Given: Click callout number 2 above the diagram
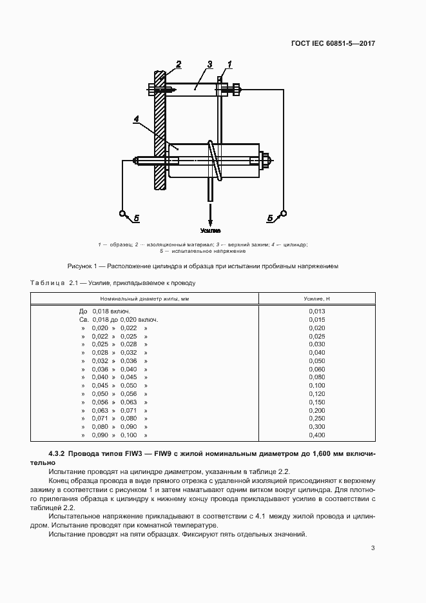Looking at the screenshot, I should (179, 63).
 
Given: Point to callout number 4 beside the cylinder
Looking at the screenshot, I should (137, 119).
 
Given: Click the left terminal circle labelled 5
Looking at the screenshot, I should (122, 213).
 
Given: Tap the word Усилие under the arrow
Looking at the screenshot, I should (210, 230).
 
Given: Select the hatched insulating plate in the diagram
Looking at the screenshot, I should (160, 129).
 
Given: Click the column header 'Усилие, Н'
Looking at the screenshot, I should (316, 299).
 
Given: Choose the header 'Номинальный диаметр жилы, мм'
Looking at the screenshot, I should (144, 299).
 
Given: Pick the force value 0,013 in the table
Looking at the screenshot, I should (316, 311).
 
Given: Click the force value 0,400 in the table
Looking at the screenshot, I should (316, 435).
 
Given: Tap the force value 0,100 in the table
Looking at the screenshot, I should (316, 385).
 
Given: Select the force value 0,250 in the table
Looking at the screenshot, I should (316, 419).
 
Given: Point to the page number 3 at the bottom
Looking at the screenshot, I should (373, 548).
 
